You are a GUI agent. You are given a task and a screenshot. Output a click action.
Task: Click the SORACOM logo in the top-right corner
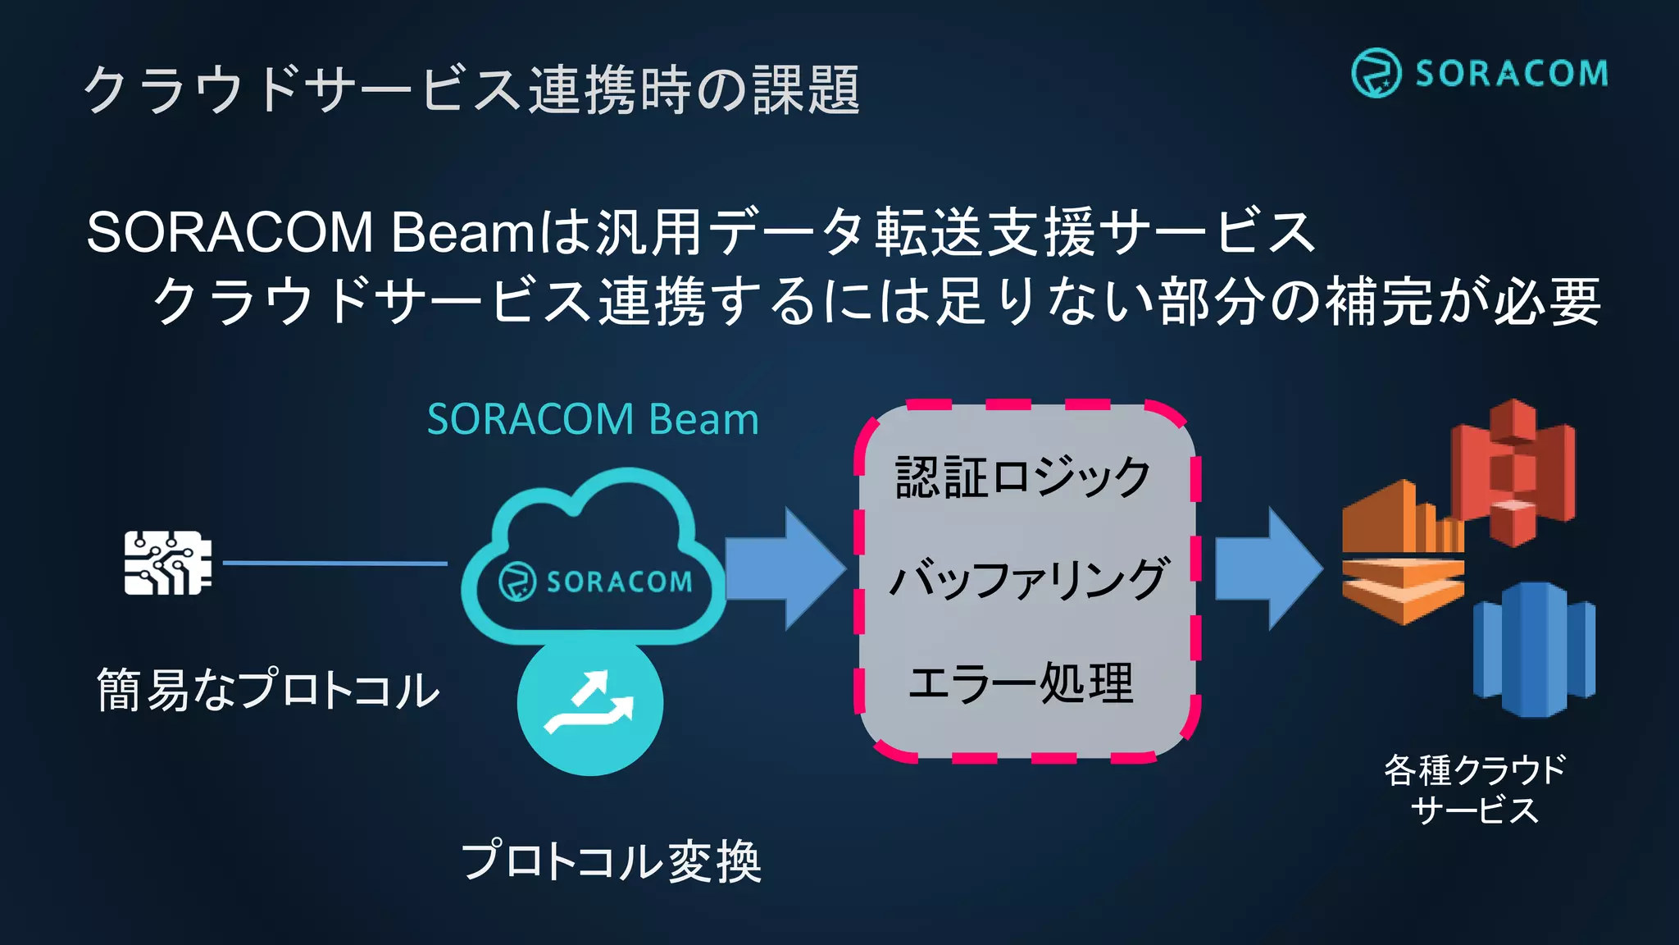pos(1479,73)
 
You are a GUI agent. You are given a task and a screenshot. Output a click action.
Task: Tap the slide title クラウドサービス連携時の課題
pos(471,89)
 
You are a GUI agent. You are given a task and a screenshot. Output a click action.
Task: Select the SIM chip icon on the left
pos(168,563)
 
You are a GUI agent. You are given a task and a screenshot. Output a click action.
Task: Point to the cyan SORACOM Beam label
pos(593,419)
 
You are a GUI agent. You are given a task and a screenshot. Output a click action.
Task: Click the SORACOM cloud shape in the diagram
pos(593,558)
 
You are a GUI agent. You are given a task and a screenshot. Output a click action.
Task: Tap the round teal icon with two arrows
pos(590,704)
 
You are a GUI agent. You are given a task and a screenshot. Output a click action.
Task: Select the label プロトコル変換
pos(612,861)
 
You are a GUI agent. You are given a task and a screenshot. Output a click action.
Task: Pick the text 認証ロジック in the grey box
pos(1023,477)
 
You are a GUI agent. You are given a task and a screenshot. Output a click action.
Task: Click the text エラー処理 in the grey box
pos(1022,682)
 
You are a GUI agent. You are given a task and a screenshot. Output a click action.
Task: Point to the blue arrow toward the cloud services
pos(1267,568)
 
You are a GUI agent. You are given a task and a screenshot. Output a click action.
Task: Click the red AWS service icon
pos(1513,472)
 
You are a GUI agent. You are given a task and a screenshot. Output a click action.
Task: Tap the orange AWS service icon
pos(1402,554)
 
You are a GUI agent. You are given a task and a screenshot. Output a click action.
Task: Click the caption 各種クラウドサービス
pos(1475,789)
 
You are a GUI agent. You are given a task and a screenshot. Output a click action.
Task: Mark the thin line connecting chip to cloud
pos(334,564)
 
